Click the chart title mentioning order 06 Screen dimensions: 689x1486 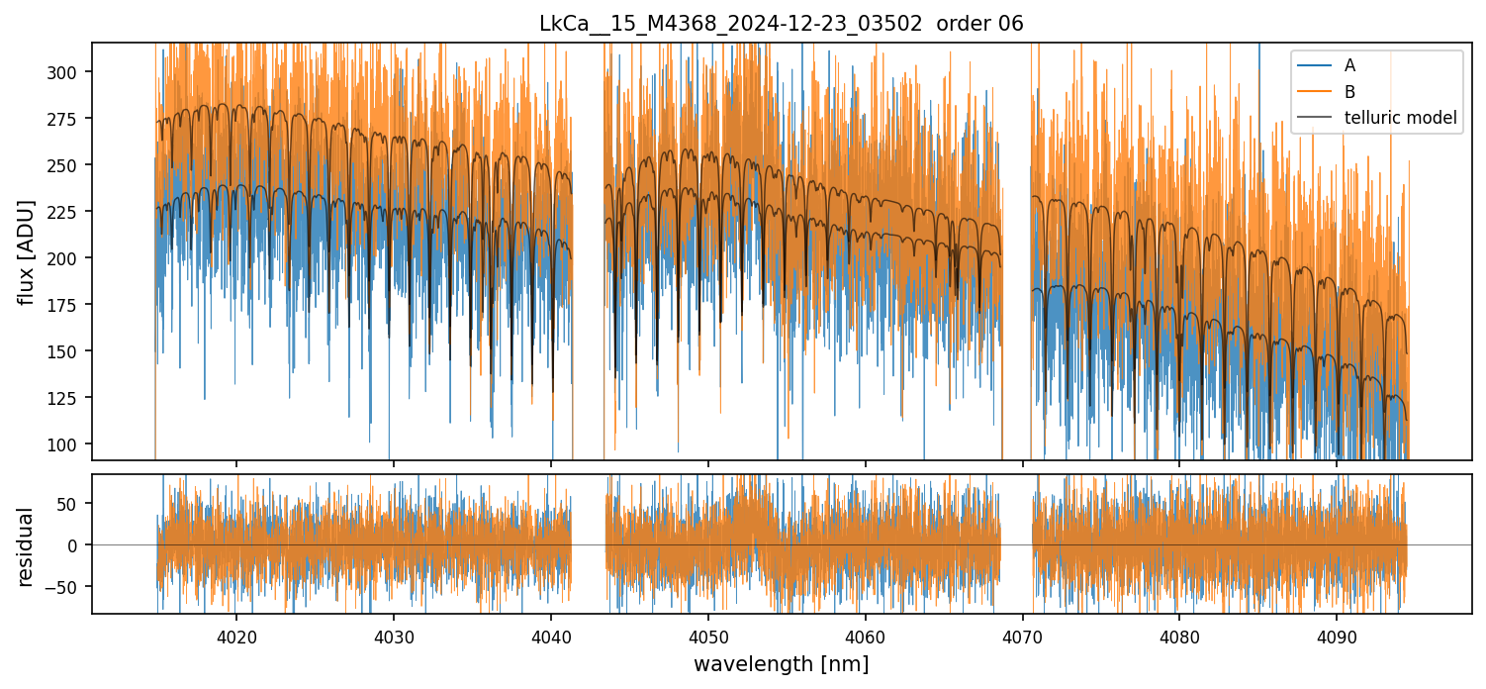click(782, 24)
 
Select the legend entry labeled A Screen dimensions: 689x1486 click(1349, 66)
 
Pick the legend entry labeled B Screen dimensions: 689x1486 click(1349, 92)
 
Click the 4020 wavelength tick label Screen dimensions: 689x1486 click(236, 635)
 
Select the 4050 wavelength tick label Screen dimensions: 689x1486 click(708, 635)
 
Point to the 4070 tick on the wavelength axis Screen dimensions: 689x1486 click(1023, 635)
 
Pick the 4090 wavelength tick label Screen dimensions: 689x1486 click(1337, 635)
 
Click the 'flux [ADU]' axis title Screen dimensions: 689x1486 click(28, 251)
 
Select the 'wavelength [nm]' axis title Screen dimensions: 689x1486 click(782, 663)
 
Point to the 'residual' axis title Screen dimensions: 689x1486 click(28, 545)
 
